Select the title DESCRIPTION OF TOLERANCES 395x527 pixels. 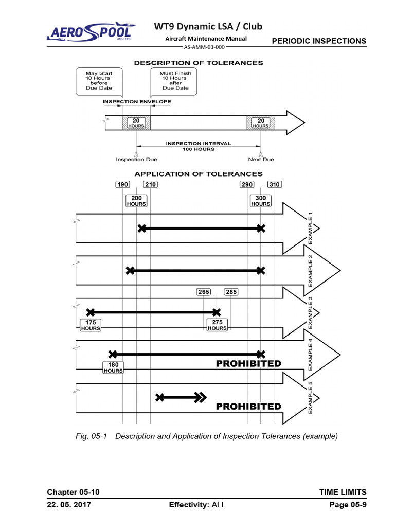[x=199, y=63]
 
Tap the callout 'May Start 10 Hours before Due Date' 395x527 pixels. [x=99, y=81]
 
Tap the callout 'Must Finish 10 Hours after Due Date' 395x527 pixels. [x=175, y=81]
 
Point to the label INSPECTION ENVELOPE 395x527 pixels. [x=136, y=102]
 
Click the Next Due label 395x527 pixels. [x=261, y=160]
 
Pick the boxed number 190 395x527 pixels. [x=122, y=185]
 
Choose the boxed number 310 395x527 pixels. [x=274, y=185]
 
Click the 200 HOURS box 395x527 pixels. [x=136, y=201]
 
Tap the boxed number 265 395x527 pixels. [x=204, y=292]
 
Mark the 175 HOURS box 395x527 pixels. [x=91, y=325]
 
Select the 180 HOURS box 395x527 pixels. [x=113, y=367]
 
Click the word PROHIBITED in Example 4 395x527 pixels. [x=248, y=364]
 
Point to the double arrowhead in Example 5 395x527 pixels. [x=200, y=397]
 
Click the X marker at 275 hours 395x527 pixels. [x=217, y=312]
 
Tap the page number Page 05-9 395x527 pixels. [x=348, y=505]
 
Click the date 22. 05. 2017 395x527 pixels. [x=69, y=505]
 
